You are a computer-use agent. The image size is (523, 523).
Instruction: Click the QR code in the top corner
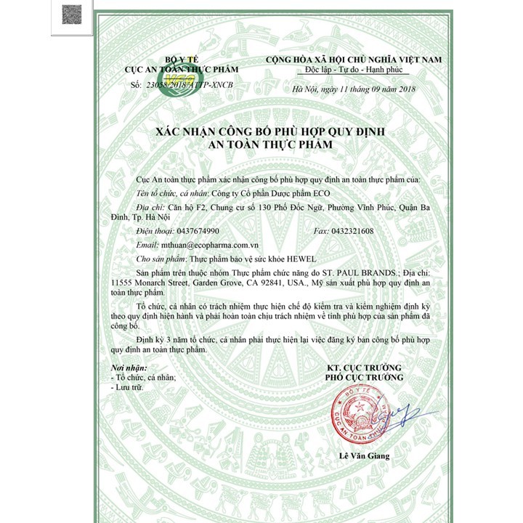[x=70, y=14]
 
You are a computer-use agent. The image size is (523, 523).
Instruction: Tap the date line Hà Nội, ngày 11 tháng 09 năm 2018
[x=352, y=88]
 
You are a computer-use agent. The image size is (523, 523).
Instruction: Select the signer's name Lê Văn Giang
[x=364, y=456]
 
